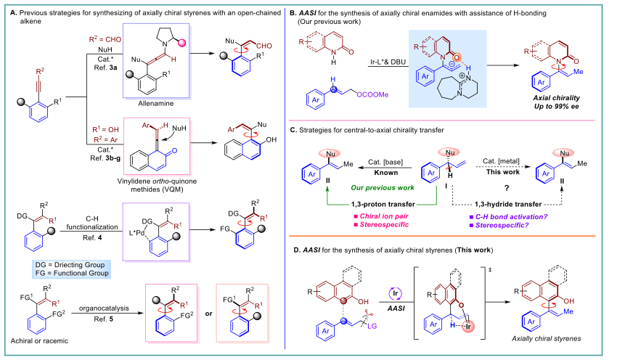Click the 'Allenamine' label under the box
click(156, 103)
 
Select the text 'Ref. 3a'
click(105, 67)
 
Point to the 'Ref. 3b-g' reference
click(105, 158)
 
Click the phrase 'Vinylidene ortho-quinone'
click(157, 181)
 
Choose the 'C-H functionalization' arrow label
click(92, 223)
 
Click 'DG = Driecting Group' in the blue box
click(70, 265)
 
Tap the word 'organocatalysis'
click(104, 308)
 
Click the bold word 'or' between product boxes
click(208, 314)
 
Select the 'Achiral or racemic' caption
click(39, 340)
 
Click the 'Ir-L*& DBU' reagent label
click(388, 62)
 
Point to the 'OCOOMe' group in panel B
click(372, 94)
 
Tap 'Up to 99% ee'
click(556, 106)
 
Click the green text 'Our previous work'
click(383, 188)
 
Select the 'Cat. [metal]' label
click(501, 161)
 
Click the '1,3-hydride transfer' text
click(508, 204)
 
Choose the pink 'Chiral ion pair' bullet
click(381, 216)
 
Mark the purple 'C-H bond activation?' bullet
click(508, 217)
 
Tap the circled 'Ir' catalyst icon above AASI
click(396, 293)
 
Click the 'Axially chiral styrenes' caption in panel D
click(546, 339)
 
